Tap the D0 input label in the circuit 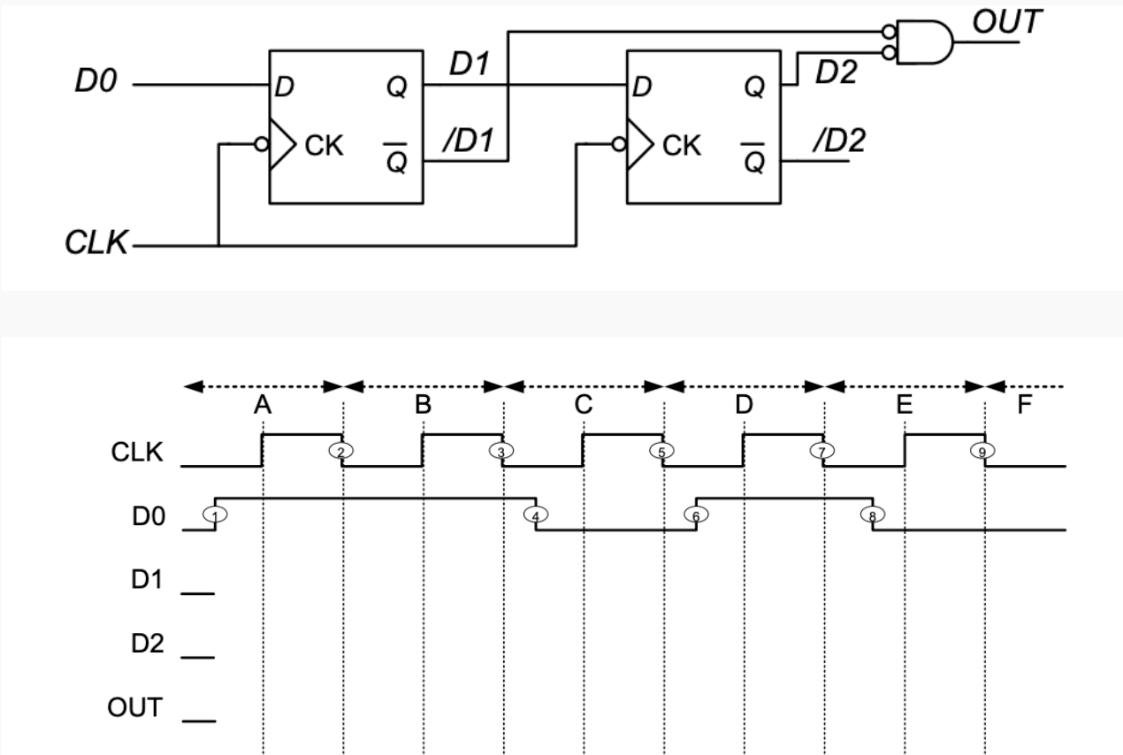coord(98,86)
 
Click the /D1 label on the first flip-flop coord(470,141)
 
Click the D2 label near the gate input coord(836,73)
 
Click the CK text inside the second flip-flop coord(679,147)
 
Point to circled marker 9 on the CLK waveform coord(981,451)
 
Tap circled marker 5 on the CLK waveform coord(659,451)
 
